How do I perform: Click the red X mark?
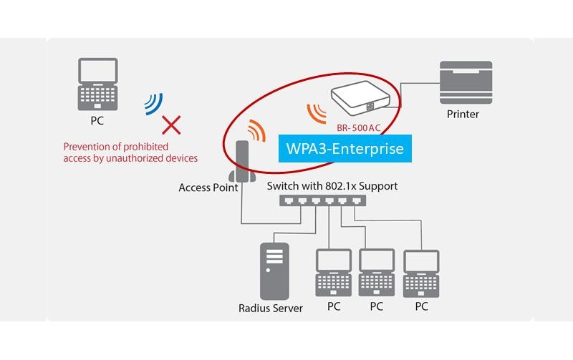[170, 126]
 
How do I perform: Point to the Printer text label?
[463, 114]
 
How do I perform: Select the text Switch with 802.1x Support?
[332, 186]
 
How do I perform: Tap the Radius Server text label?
[271, 308]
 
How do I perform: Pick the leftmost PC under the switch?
[333, 272]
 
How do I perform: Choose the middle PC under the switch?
[377, 272]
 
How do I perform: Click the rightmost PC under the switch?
[421, 272]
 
